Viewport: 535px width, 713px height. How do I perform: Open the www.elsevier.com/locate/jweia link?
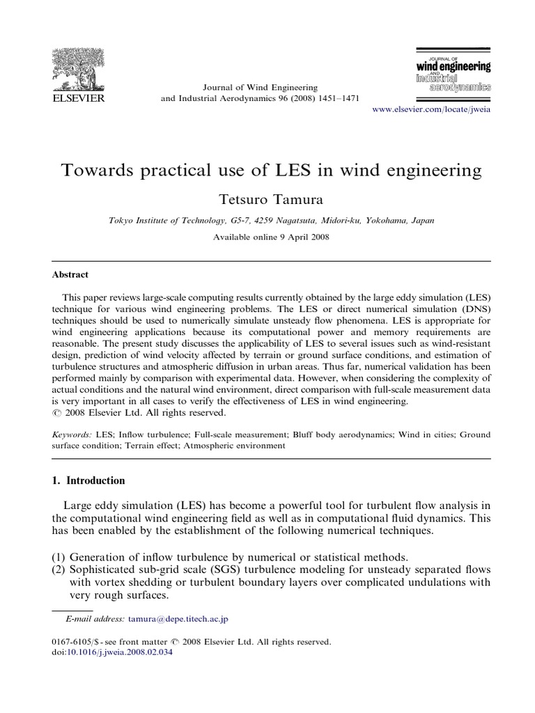(433, 111)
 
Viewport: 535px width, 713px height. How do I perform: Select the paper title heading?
(267, 170)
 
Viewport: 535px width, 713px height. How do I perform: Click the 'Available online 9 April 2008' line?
(267, 237)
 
